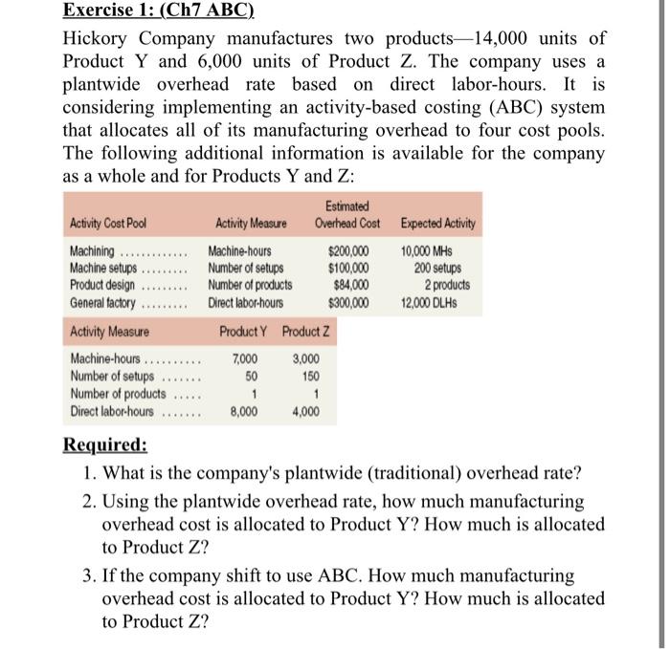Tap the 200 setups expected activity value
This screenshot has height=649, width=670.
point(438,269)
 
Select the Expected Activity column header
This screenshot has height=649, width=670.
point(437,224)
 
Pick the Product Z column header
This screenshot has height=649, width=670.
point(307,332)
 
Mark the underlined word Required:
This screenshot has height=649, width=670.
point(105,445)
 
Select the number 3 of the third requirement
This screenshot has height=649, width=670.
point(88,576)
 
